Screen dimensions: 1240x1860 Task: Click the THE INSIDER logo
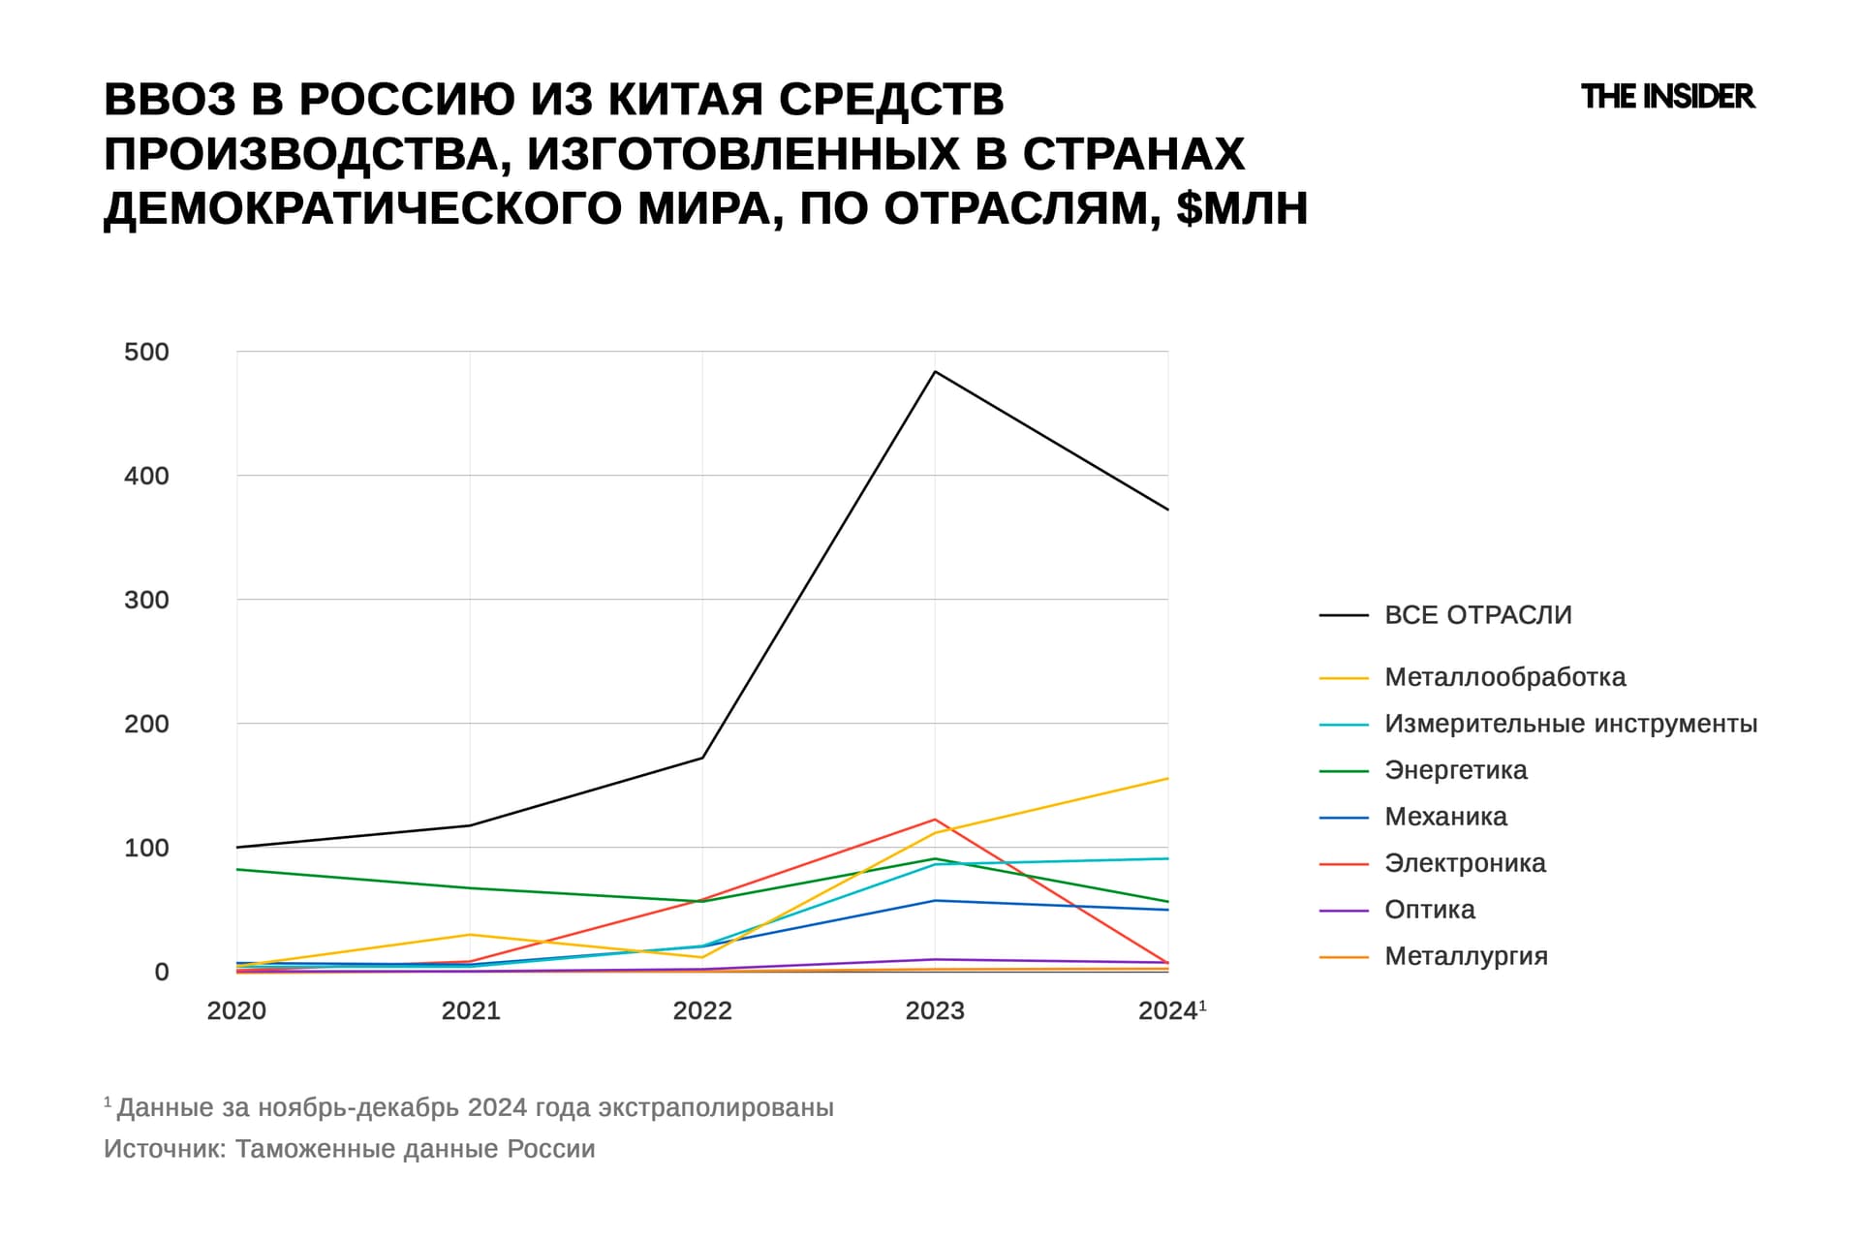coord(1666,97)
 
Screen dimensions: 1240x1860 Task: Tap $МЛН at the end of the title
coord(1242,207)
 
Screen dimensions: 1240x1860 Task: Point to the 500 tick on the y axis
coord(146,352)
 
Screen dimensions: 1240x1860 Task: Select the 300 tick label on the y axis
coord(146,600)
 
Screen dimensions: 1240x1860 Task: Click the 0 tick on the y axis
coord(161,972)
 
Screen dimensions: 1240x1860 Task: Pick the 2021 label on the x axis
coord(470,1010)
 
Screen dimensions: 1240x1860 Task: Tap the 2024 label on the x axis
coord(1168,1010)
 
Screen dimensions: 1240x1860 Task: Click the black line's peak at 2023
coord(935,372)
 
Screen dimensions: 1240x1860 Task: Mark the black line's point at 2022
coord(702,758)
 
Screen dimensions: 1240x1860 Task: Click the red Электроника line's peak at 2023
coord(935,820)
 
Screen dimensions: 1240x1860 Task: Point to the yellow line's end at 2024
coord(1167,779)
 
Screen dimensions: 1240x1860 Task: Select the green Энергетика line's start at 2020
coord(238,869)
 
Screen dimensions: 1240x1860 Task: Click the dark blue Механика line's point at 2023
coord(935,901)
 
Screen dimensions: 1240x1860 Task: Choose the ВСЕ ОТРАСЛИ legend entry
coord(1477,615)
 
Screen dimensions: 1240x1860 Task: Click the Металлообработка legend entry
coord(1504,677)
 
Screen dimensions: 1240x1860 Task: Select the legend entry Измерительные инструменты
coord(1569,724)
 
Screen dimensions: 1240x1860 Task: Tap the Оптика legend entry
coord(1429,910)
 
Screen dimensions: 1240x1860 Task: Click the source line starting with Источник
coord(349,1149)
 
